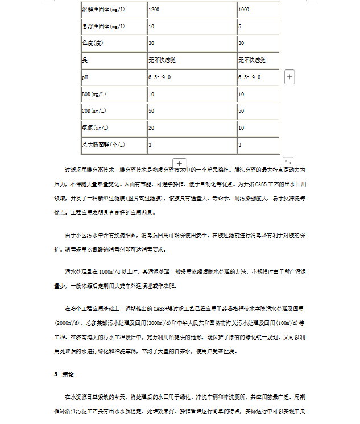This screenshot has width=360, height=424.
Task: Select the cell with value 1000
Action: (243, 10)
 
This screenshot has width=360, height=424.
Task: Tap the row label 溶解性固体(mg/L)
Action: (104, 10)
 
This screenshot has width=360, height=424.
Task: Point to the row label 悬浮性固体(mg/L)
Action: (104, 26)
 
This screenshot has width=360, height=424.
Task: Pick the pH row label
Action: (85, 77)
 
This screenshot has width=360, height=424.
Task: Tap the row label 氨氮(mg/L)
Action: (95, 127)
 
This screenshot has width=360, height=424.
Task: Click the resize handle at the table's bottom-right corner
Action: (288, 162)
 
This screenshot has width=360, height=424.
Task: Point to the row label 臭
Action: (85, 60)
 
